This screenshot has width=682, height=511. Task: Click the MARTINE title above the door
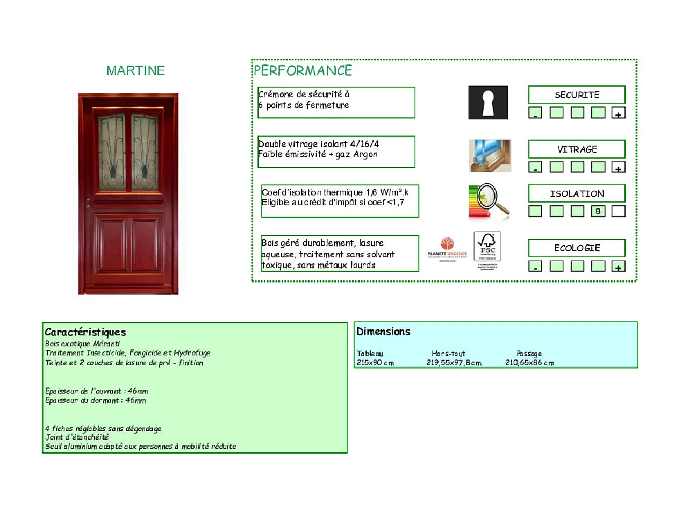pos(135,70)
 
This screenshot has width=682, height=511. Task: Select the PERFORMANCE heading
pos(303,70)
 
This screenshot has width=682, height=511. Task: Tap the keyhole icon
pos(488,102)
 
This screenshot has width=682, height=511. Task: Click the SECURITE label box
pos(577,95)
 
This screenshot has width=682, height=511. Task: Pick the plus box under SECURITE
pos(619,113)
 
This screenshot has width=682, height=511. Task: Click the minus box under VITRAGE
pos(535,168)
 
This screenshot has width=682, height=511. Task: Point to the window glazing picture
pos(490,156)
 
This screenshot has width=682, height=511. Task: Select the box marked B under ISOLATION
pos(598,211)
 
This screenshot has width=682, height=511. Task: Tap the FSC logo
pos(487,248)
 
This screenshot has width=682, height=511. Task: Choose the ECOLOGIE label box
pos(577,248)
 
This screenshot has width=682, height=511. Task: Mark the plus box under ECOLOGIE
pos(619,267)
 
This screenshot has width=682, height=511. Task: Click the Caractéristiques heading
pos(85,332)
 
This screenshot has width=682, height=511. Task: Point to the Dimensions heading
pos(383,332)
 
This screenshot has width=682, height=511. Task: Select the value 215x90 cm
pos(375,363)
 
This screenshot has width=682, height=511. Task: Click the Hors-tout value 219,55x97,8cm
pos(454,363)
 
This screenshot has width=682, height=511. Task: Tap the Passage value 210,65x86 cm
pos(529,363)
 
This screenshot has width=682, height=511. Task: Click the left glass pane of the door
pos(112,152)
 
